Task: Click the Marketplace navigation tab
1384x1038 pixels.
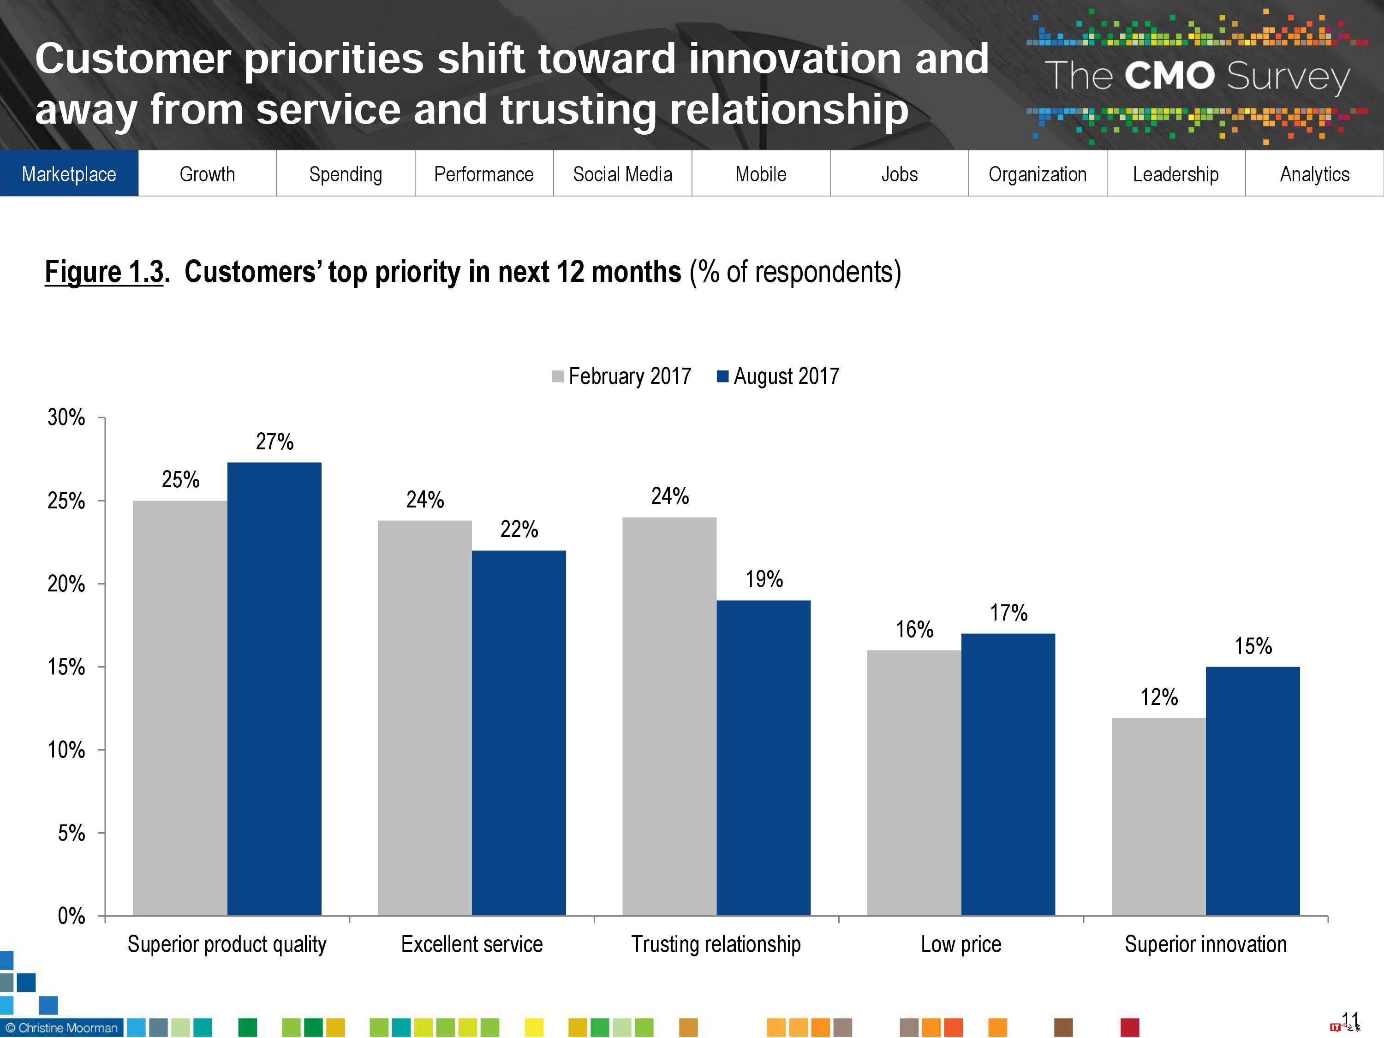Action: pyautogui.click(x=69, y=174)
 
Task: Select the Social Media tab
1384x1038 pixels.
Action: pyautogui.click(x=622, y=174)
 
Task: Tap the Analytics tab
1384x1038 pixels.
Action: pyautogui.click(x=1314, y=174)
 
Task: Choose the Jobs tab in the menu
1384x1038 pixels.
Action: pyautogui.click(x=899, y=174)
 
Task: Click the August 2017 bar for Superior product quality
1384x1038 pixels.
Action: pyautogui.click(x=274, y=688)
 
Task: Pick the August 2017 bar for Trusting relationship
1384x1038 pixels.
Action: pyautogui.click(x=764, y=757)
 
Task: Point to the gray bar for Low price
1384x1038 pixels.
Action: pyautogui.click(x=913, y=782)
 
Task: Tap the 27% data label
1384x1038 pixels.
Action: pyautogui.click(x=274, y=442)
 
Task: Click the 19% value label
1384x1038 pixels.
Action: pyautogui.click(x=764, y=579)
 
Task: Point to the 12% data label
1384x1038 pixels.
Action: pyautogui.click(x=1159, y=697)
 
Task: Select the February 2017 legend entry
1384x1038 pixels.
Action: pyautogui.click(x=622, y=376)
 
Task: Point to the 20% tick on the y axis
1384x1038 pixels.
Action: pyautogui.click(x=66, y=584)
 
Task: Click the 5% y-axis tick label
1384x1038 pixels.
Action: pyautogui.click(x=72, y=833)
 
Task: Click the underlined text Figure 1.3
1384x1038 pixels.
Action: pyautogui.click(x=104, y=272)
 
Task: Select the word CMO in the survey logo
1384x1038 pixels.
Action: pyautogui.click(x=1169, y=76)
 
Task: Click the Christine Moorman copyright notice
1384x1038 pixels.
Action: pyautogui.click(x=62, y=1027)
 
